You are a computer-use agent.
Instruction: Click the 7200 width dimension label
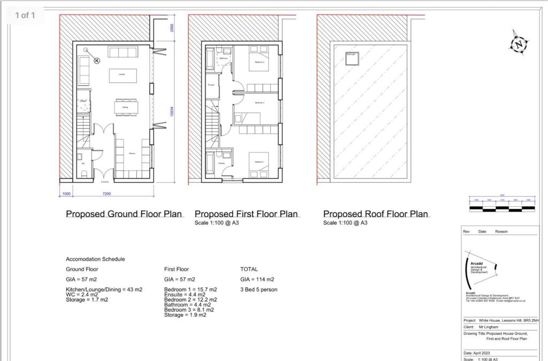(104, 193)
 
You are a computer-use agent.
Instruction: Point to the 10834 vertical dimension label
(172, 111)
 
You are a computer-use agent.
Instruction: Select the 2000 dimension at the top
(172, 28)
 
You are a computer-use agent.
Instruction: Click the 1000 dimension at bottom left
(66, 193)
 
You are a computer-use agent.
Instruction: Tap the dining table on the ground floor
(125, 108)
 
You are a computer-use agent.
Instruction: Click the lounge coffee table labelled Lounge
(121, 75)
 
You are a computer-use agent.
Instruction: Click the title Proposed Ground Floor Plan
(124, 214)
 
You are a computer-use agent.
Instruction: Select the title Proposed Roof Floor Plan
(376, 214)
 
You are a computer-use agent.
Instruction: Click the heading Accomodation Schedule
(95, 259)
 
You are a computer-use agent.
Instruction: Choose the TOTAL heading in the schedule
(249, 269)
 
